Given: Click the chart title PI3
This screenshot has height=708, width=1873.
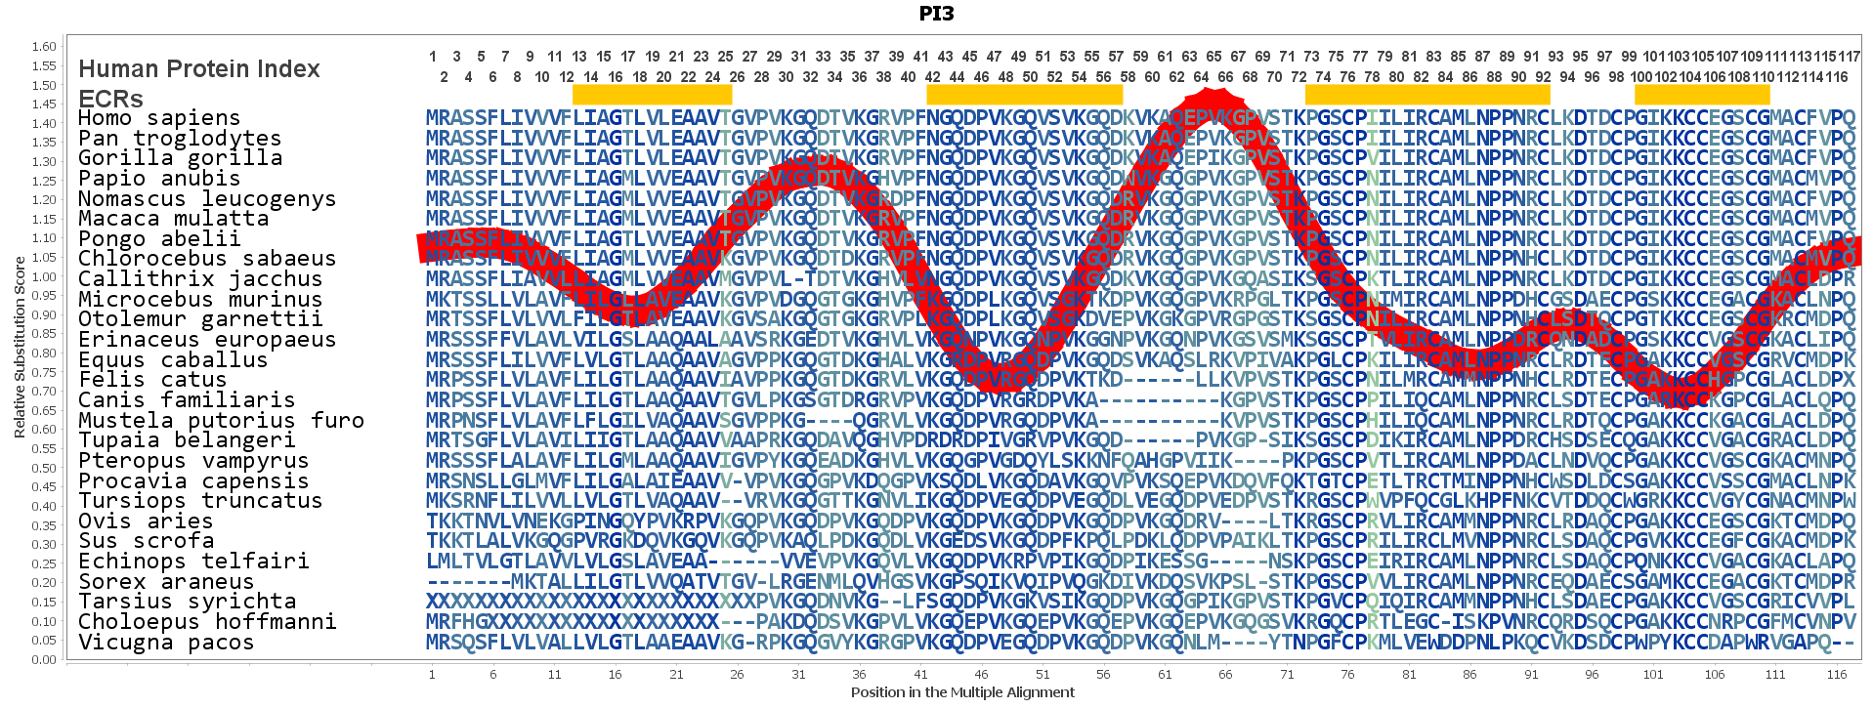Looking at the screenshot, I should point(936,14).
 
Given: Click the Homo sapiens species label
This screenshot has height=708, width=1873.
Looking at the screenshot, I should point(158,118).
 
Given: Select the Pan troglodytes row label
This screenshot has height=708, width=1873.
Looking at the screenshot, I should point(180,139).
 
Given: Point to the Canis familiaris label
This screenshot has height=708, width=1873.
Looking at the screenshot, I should point(186,400).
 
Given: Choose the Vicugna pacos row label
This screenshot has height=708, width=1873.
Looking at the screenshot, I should point(165,643).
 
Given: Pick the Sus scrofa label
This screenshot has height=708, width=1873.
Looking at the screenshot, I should point(146,541).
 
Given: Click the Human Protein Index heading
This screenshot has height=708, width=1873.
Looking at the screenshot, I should point(199,69).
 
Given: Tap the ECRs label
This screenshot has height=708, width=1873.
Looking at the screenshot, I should point(110,99).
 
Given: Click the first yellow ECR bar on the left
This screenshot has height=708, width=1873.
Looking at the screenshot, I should point(652,95).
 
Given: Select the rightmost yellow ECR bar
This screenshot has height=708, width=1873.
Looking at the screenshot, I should point(1702,95).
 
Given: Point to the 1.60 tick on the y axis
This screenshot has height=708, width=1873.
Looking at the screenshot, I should point(44,47).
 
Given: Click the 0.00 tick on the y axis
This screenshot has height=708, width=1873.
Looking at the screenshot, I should point(44,660).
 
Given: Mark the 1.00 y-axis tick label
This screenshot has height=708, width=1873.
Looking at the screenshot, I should point(44,277).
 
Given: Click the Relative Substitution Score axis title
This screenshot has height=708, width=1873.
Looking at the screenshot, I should point(20,347).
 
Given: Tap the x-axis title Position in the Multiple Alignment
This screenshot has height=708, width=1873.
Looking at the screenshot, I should point(962,692).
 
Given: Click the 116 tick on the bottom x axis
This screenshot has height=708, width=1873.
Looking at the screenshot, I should point(1837,674).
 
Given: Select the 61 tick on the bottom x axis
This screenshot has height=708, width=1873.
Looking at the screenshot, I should point(1164,674).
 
